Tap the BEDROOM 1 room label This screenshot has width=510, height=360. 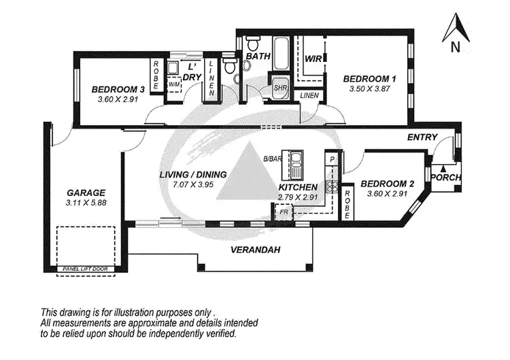pos(368,78)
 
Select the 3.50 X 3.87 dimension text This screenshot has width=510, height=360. pos(367,89)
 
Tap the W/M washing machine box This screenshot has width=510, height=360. pos(173,84)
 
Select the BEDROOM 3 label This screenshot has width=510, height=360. pos(118,89)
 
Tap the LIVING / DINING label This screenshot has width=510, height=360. pos(192,174)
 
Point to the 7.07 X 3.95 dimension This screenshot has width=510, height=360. pos(192,184)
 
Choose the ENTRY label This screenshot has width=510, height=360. pos(422,137)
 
